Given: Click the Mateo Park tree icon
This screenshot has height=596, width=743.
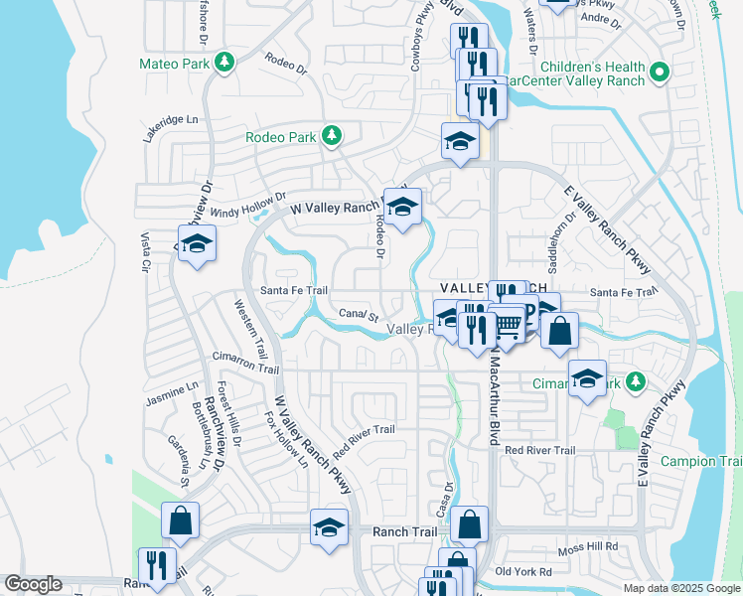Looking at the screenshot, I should pos(226,62).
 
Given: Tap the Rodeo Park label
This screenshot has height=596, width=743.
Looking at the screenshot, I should pos(283,137).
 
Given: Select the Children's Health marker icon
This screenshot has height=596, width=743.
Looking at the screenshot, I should pos(659,73).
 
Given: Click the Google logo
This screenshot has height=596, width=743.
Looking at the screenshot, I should pos(33,584).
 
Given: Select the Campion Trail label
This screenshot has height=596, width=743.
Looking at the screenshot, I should pos(715,461).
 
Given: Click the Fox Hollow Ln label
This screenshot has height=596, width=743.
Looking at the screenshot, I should pos(287,436).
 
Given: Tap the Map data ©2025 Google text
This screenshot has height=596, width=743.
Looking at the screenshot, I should pos(680,587).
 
